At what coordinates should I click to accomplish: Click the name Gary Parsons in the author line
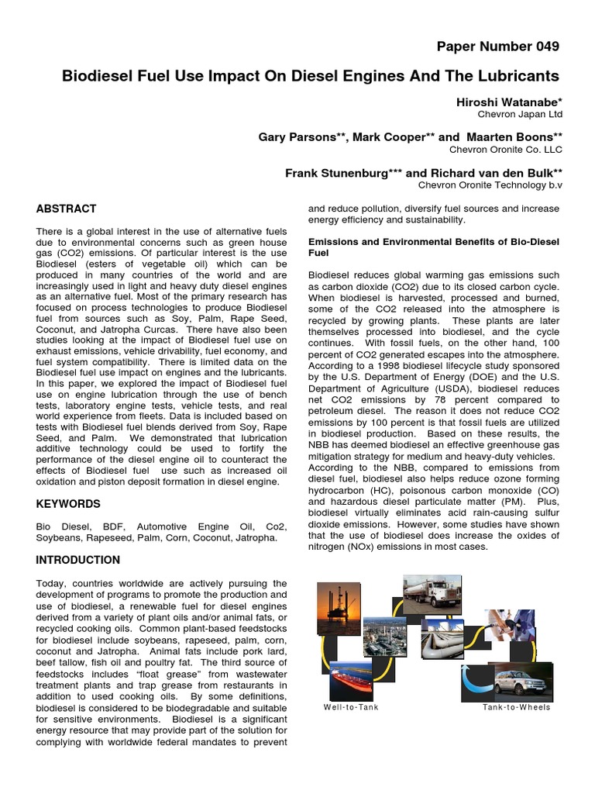coord(293,136)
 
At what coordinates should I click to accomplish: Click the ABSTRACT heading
coord(67,209)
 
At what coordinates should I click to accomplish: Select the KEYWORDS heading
coord(68,504)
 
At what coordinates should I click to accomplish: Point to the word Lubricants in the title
coord(520,76)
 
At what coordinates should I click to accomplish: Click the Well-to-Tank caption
coord(351,707)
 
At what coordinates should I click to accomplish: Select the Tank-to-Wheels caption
coord(516,707)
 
